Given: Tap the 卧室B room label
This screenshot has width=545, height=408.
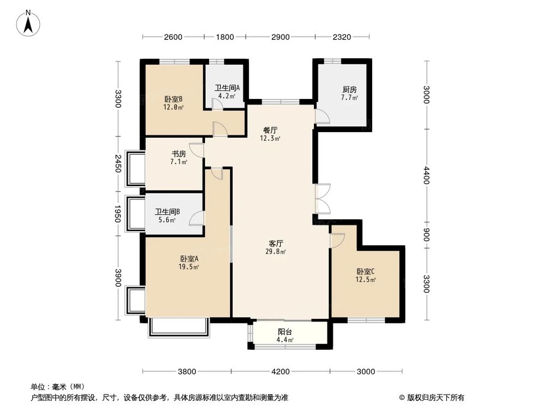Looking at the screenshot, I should point(173,100).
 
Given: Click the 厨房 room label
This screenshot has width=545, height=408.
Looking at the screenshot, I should point(349,90).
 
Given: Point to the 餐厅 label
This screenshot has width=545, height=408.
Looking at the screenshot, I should point(270,131).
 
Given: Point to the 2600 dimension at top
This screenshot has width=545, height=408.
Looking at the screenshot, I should point(173,37).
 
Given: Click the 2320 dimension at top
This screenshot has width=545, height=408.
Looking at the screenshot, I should point(342,37).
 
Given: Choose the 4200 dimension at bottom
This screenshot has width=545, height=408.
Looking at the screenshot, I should point(281,372).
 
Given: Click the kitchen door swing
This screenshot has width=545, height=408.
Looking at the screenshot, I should point(322,116).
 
